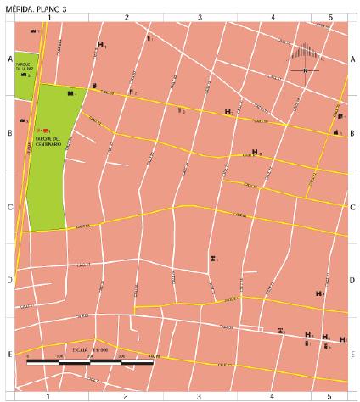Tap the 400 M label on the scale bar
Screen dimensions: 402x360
(153, 355)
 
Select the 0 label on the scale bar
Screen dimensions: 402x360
(28, 355)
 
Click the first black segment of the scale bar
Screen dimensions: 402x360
(43, 361)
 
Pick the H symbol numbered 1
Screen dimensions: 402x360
(101, 44)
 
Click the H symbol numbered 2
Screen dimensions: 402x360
(228, 112)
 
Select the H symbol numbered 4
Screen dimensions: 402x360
(319, 293)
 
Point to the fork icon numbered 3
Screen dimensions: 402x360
(179, 110)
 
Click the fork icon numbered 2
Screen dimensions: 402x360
(130, 91)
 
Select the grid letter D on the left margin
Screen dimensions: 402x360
(9, 281)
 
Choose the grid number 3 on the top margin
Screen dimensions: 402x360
(199, 17)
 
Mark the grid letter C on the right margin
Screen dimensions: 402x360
(352, 207)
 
